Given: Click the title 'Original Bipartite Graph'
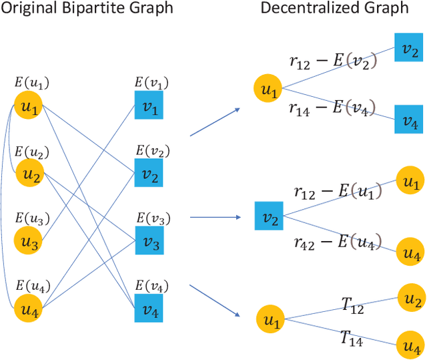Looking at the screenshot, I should (x=88, y=9).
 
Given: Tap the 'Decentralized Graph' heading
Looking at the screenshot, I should (x=334, y=9).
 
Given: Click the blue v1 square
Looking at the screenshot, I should (x=148, y=105).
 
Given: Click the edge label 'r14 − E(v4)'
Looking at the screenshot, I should (x=332, y=108).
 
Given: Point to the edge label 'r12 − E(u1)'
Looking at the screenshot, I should (x=337, y=192).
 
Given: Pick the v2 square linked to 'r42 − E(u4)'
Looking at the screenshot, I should (x=268, y=216).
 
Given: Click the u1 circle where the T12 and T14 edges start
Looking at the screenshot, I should (x=270, y=318).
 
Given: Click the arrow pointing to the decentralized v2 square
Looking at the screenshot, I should (x=216, y=217).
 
